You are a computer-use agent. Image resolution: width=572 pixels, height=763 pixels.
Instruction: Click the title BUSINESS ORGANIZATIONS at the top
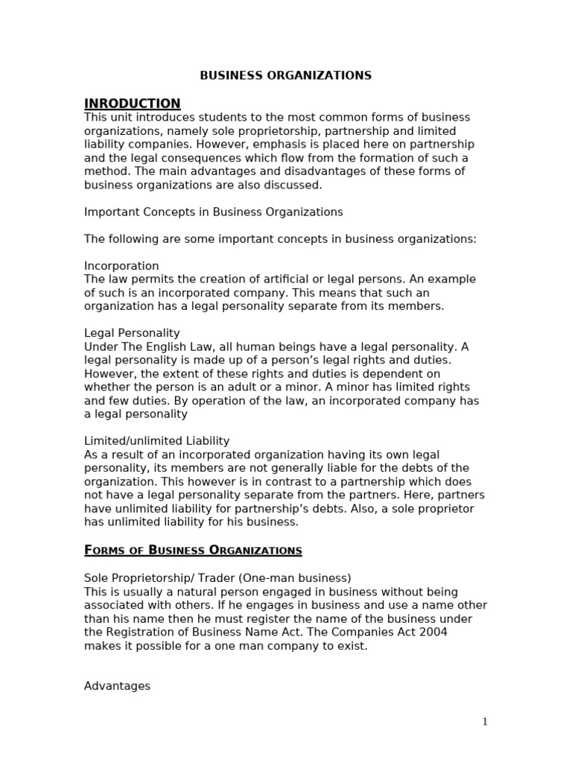pos(286,75)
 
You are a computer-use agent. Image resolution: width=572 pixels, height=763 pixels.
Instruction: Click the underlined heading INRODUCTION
pos(132,104)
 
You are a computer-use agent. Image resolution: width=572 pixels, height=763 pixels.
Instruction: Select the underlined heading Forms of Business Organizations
pos(193,551)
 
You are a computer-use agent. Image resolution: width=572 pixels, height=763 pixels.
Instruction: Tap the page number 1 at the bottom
pos(485,721)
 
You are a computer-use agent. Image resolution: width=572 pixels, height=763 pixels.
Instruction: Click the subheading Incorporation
pos(121,266)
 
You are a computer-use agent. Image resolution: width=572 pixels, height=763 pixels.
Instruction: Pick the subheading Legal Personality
pos(132,333)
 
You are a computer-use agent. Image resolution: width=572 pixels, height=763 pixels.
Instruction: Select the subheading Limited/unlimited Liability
pos(156,441)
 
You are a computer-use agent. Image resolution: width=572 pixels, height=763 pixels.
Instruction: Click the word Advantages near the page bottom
pos(117,686)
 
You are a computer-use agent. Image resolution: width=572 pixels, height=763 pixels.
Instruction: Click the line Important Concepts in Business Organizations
pos(213,212)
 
